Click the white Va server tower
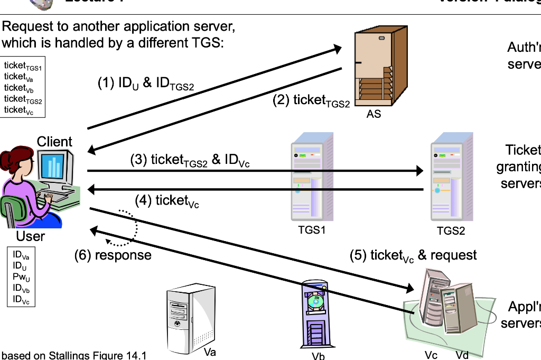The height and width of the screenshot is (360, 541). tap(190, 317)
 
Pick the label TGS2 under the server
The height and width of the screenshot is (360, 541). tap(451, 230)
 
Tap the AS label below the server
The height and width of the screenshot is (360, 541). tap(374, 114)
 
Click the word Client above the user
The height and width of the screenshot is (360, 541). tap(54, 142)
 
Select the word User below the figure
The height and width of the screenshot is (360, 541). tap(30, 236)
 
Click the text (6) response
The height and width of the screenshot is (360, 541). tap(113, 255)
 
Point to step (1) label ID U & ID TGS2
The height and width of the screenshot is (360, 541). tap(146, 84)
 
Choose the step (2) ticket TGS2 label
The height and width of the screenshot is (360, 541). tap(311, 100)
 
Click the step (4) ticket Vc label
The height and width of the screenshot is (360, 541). tap(167, 201)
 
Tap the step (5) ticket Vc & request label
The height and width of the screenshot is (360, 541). tap(413, 256)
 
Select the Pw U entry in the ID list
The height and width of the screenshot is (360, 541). tap(21, 277)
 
